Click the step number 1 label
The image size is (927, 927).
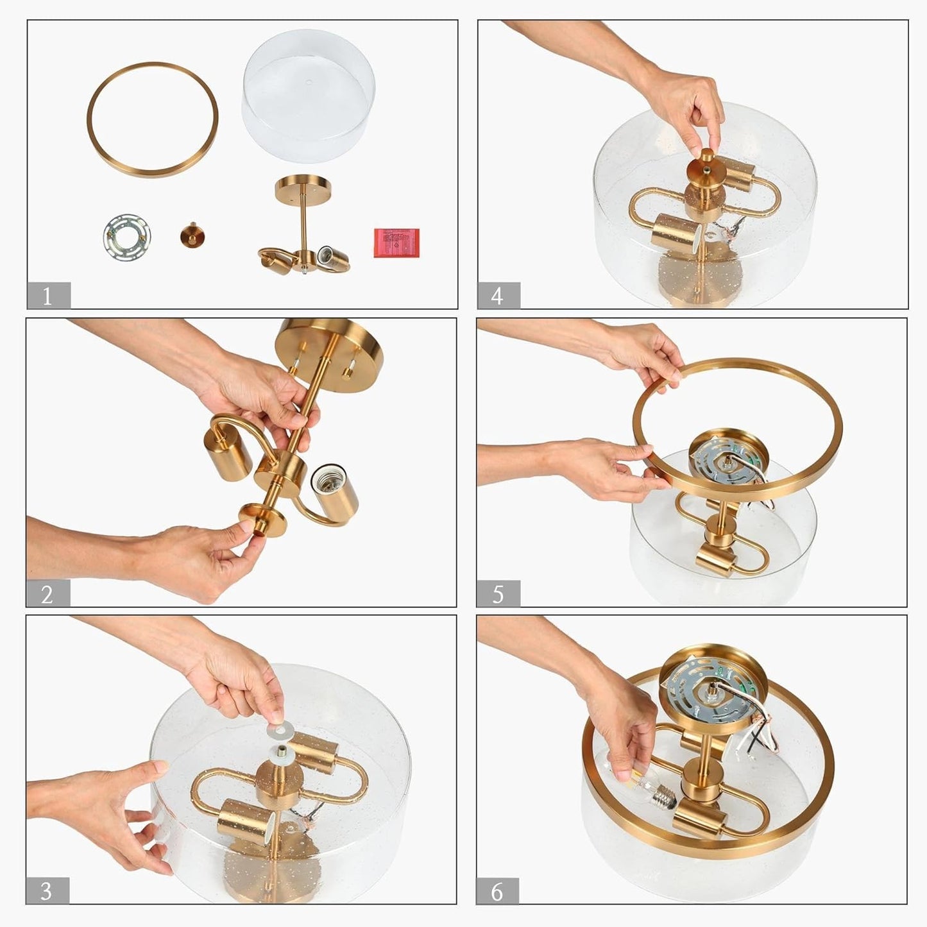48,295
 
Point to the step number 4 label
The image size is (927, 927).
498,295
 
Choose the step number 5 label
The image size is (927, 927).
498,594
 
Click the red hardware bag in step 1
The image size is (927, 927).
396,243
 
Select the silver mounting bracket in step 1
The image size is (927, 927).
126,237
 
